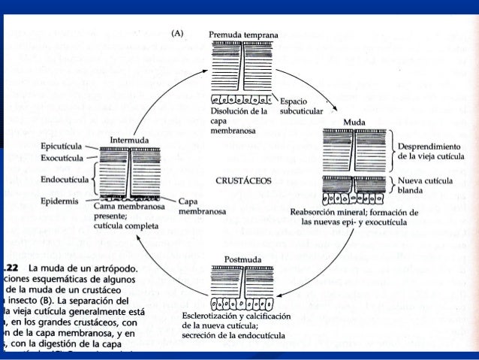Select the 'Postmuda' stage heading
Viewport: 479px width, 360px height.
click(x=242, y=259)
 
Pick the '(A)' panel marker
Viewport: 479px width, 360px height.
click(x=178, y=33)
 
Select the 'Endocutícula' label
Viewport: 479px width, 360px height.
click(x=63, y=180)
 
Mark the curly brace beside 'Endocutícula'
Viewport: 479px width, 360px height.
click(x=92, y=180)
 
